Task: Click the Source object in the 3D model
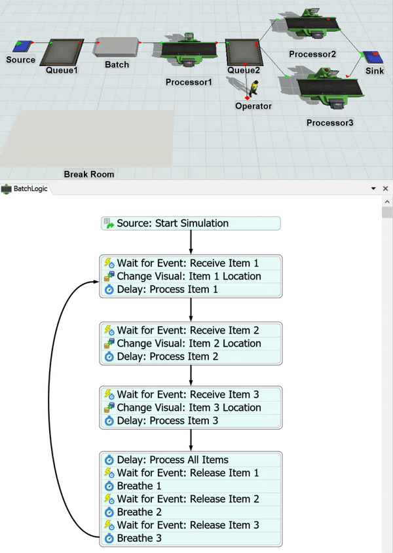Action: click(23, 47)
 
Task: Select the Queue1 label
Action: click(62, 69)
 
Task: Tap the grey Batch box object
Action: click(117, 47)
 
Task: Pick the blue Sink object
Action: click(374, 57)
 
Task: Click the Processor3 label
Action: click(329, 122)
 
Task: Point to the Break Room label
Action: click(89, 174)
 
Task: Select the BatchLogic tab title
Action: click(31, 189)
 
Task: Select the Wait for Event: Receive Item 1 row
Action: click(187, 263)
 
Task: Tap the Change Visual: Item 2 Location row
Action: click(189, 343)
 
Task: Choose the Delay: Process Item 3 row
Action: click(167, 421)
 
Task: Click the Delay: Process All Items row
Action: click(172, 460)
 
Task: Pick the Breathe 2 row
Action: click(139, 512)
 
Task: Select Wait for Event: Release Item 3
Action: click(187, 525)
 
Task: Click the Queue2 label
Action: click(244, 70)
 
